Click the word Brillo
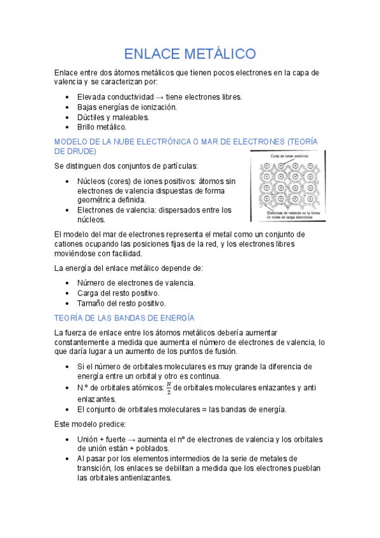[x=88, y=128]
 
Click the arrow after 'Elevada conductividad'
[x=159, y=97]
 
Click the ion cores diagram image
[x=287, y=186]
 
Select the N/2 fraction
[x=168, y=388]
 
